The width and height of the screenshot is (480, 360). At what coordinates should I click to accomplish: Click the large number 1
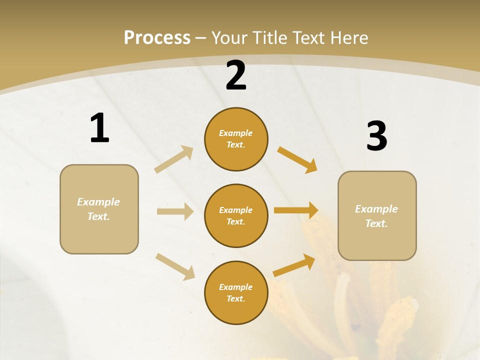coord(99,128)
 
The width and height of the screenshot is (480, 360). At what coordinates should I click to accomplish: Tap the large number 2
coord(236,75)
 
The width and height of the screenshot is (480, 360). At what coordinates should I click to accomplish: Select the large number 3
coord(376,136)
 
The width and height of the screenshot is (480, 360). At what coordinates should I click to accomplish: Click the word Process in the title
coord(157,37)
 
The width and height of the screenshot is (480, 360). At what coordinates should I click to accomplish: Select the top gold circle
coord(236,139)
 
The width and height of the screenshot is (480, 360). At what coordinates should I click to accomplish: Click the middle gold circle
coord(236,215)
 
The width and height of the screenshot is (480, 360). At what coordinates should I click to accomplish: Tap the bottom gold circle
coord(236,292)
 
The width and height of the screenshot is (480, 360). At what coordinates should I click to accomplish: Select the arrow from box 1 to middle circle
coord(175,211)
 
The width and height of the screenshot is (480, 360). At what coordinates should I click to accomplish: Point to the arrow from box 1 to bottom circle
coord(175,266)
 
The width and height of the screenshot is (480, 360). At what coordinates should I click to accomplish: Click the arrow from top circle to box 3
coord(297,160)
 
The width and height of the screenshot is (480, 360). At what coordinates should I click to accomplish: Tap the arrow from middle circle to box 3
coord(296,210)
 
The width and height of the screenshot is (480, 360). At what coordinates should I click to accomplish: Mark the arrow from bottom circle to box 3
coord(294,265)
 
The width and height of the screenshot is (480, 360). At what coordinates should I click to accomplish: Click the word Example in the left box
coord(98,202)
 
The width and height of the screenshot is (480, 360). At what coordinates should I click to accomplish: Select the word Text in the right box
coord(376,223)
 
